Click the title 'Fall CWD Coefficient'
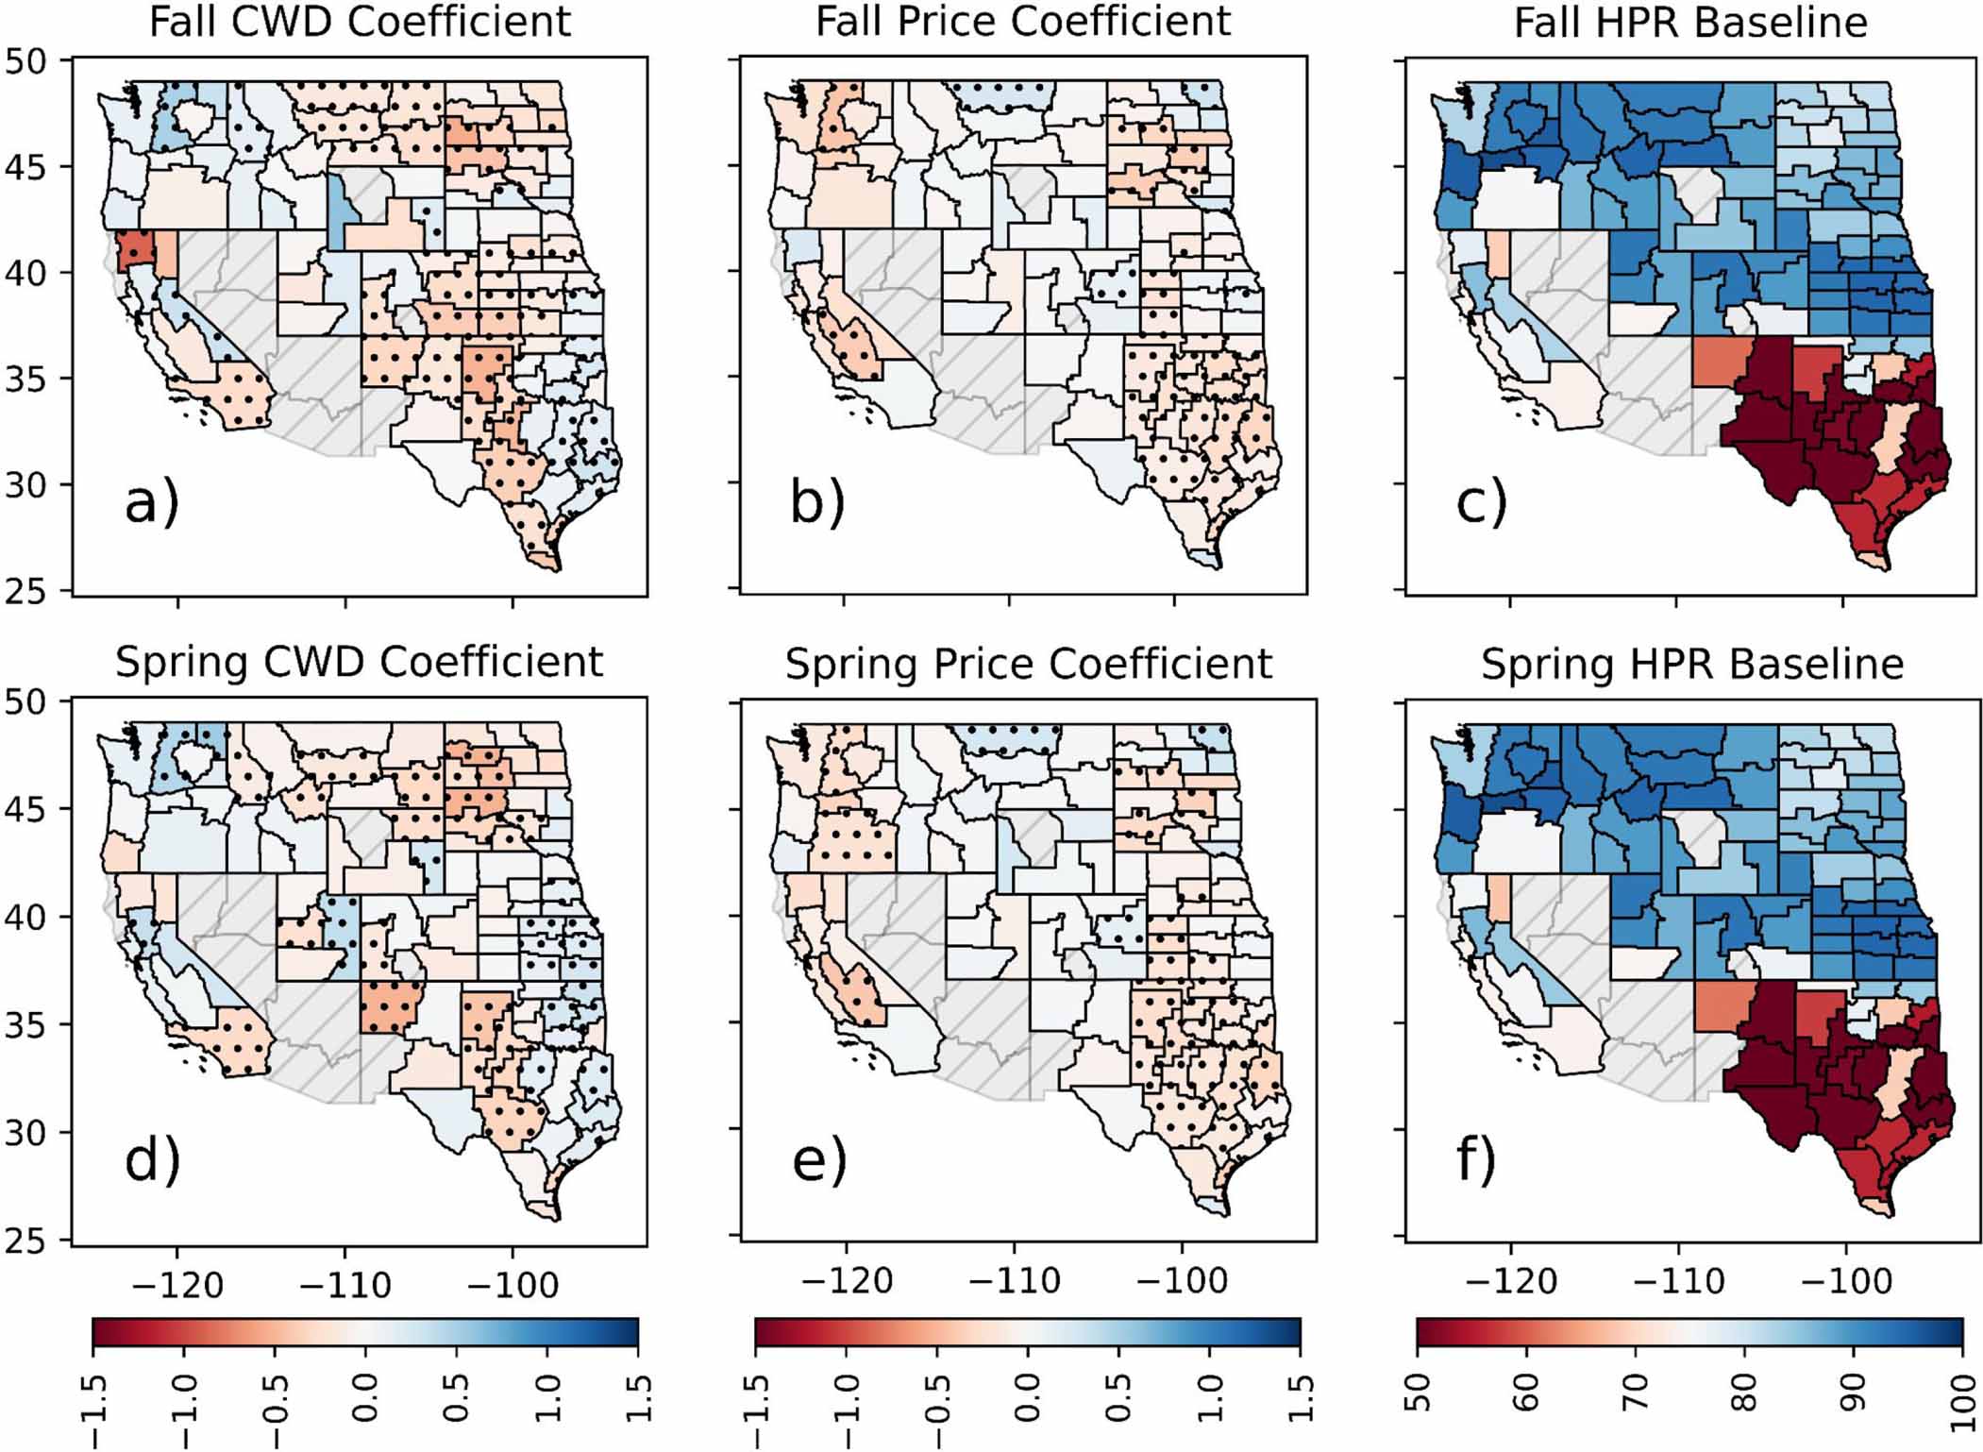(360, 21)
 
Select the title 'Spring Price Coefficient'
(1028, 664)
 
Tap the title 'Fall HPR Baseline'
(1690, 21)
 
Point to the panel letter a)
(151, 503)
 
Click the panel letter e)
(818, 1161)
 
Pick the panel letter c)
(1481, 503)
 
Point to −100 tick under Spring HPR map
(1846, 1281)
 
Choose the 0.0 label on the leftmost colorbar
(365, 1398)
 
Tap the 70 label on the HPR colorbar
(1636, 1392)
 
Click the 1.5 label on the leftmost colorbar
(639, 1398)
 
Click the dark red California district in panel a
(133, 248)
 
